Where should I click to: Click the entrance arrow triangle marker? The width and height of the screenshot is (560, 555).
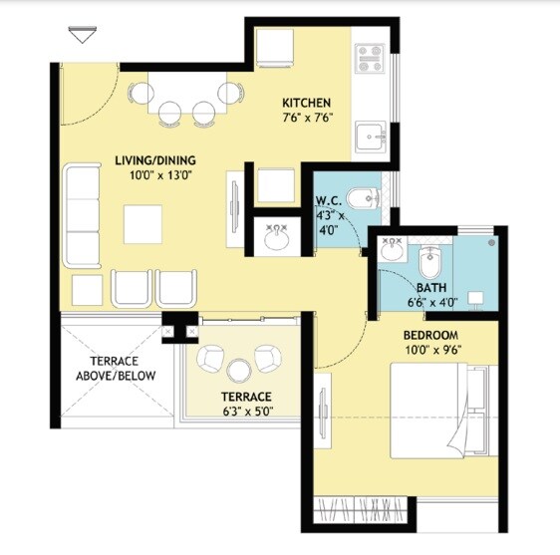(81, 37)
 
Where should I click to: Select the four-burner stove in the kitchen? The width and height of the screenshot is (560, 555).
(371, 57)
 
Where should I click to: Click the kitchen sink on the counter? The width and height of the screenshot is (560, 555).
(373, 136)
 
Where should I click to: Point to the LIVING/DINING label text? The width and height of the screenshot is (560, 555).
(154, 160)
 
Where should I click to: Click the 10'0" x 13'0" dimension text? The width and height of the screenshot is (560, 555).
(154, 175)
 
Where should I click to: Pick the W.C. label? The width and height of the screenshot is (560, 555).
(330, 199)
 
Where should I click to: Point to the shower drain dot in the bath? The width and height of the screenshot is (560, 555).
(492, 241)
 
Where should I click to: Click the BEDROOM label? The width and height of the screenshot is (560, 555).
(430, 334)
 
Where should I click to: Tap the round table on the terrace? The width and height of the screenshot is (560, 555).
(237, 371)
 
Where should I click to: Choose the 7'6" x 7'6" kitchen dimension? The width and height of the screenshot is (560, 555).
(306, 118)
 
